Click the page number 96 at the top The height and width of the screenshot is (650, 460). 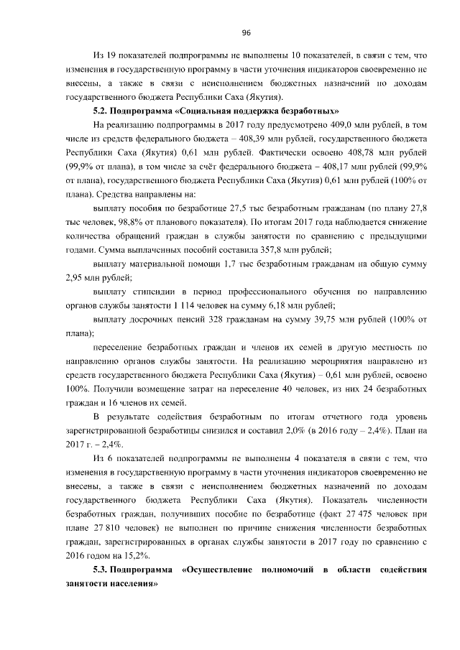tap(246, 33)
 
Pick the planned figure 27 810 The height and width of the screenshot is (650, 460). tap(106, 526)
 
